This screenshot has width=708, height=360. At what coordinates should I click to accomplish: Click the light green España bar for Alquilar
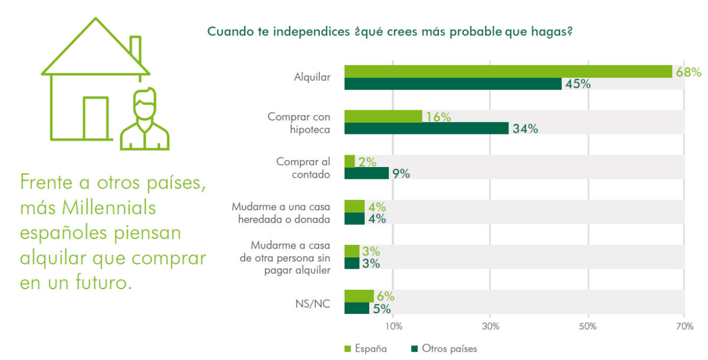pos(507,71)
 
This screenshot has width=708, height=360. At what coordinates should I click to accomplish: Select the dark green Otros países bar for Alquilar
pos(453,84)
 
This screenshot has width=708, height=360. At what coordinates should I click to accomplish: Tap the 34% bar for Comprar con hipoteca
pos(426,129)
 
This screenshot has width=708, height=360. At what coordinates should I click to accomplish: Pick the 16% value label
pos(438,117)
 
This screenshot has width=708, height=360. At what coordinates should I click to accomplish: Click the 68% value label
pos(688,73)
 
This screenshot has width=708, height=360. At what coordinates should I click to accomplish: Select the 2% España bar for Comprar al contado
pos(349,161)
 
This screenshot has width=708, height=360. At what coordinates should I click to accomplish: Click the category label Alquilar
pos(312,77)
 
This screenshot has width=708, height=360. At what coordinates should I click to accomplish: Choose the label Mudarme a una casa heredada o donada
pos(280,212)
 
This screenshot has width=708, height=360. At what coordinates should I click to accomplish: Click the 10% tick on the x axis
pos(394,326)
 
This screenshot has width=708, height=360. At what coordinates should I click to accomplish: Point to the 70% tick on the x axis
pos(683,326)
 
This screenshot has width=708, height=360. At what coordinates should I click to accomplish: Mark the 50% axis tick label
pos(588,326)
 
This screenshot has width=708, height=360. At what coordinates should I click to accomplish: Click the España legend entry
pos(365,348)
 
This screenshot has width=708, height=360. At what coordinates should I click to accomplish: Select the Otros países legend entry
pos(443,348)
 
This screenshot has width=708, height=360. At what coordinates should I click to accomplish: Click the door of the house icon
pos(95,118)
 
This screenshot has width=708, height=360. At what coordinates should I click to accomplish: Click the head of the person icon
pos(145,104)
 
